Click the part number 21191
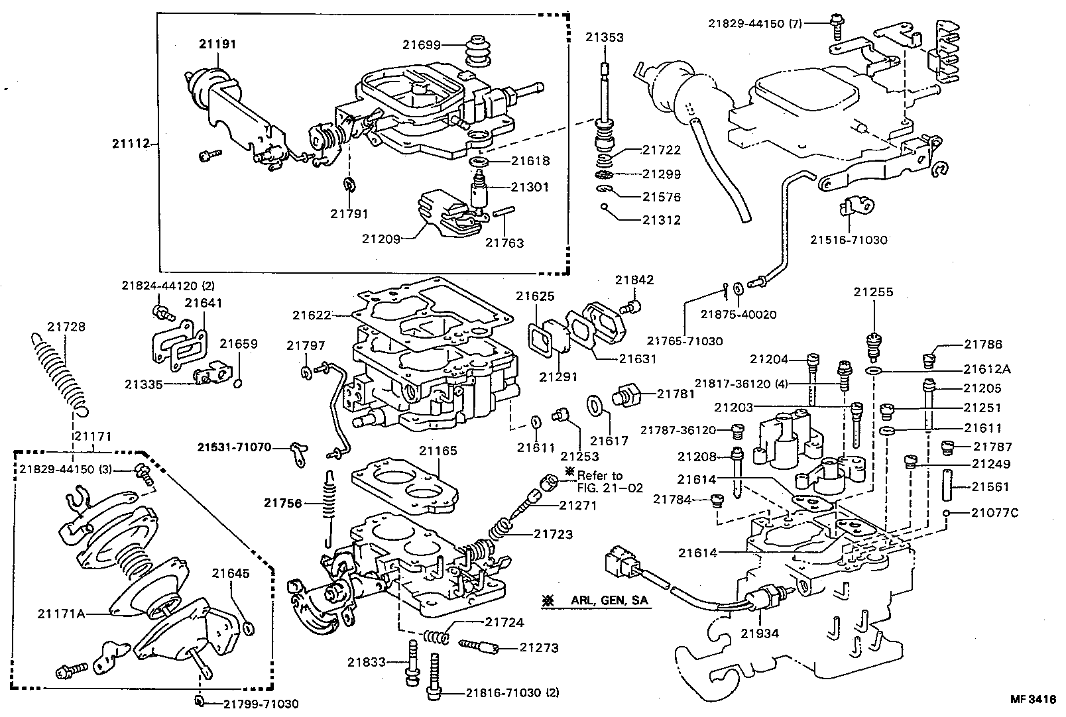pos(217,44)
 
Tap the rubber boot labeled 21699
pos(474,50)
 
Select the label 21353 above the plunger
pos(604,38)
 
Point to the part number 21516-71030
pos(848,240)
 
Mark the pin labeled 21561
pos(952,486)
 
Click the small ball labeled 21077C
pos(949,512)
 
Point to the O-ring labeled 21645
pos(249,628)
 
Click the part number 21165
pos(438,451)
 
